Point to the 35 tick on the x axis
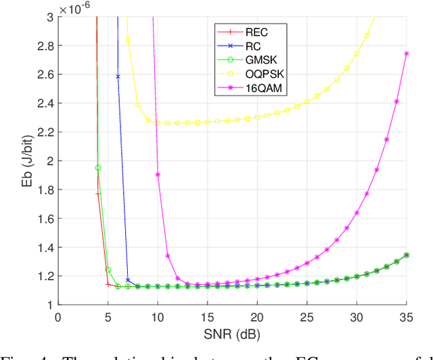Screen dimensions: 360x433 tap(407, 317)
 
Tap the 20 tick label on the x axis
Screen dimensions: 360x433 tap(257, 317)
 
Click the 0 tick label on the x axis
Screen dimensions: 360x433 tap(58, 317)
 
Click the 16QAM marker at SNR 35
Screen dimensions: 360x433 tap(407, 53)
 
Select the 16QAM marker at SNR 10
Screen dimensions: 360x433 tap(158, 174)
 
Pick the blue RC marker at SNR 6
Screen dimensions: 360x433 tap(118, 76)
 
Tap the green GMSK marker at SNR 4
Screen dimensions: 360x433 tap(97, 167)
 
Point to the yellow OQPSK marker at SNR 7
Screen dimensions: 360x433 tap(128, 41)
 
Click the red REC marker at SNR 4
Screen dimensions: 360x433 tap(97, 194)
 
